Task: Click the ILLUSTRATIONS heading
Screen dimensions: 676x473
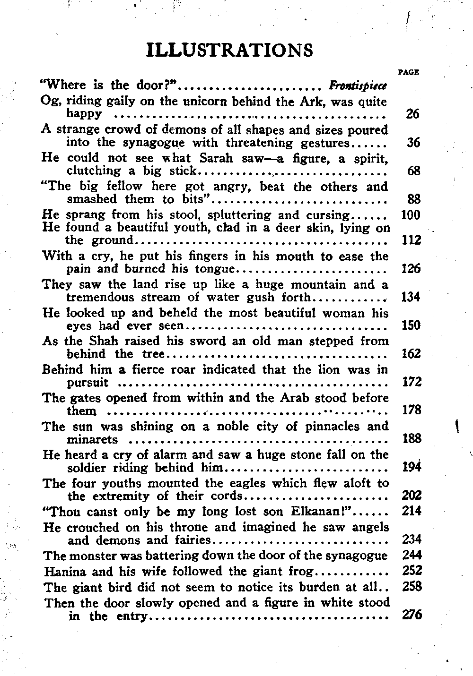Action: click(230, 50)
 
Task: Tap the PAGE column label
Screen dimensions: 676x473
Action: click(409, 72)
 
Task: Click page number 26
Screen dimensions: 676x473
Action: click(413, 114)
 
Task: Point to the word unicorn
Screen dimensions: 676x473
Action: click(204, 102)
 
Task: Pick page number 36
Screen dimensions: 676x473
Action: click(413, 143)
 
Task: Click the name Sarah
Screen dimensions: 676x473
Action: click(219, 158)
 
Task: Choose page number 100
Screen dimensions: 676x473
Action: click(410, 215)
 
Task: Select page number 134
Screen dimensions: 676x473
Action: click(411, 297)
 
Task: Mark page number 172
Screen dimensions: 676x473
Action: click(411, 382)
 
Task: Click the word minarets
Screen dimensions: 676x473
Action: click(92, 440)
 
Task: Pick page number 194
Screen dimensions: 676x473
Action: click(411, 468)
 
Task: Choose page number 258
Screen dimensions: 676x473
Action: click(412, 587)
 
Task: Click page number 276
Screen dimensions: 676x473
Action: click(411, 616)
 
